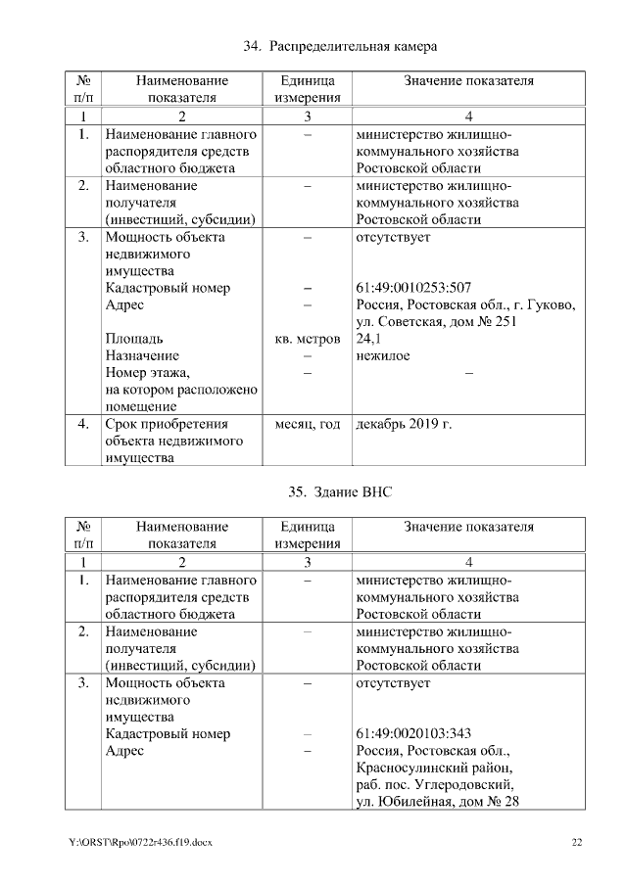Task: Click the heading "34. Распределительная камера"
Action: tap(339, 46)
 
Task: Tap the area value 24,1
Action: tap(367, 339)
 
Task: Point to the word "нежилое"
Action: tap(383, 356)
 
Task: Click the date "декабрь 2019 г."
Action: tap(404, 425)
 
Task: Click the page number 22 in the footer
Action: tap(577, 842)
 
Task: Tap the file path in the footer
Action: tap(141, 842)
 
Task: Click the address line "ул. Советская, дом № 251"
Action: tap(437, 322)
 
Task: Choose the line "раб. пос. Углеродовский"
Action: tap(435, 785)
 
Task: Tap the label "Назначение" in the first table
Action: tap(141, 356)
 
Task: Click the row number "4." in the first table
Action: tap(83, 425)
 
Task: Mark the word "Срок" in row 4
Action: tap(121, 425)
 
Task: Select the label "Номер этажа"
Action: tap(146, 373)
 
